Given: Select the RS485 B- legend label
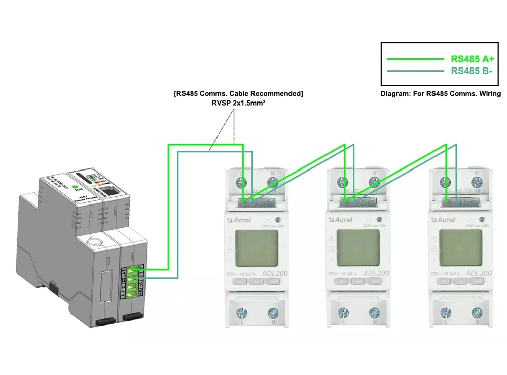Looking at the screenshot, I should [472, 71].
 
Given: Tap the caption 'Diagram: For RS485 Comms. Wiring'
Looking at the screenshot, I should [441, 94].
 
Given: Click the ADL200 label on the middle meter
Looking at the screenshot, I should [376, 273].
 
